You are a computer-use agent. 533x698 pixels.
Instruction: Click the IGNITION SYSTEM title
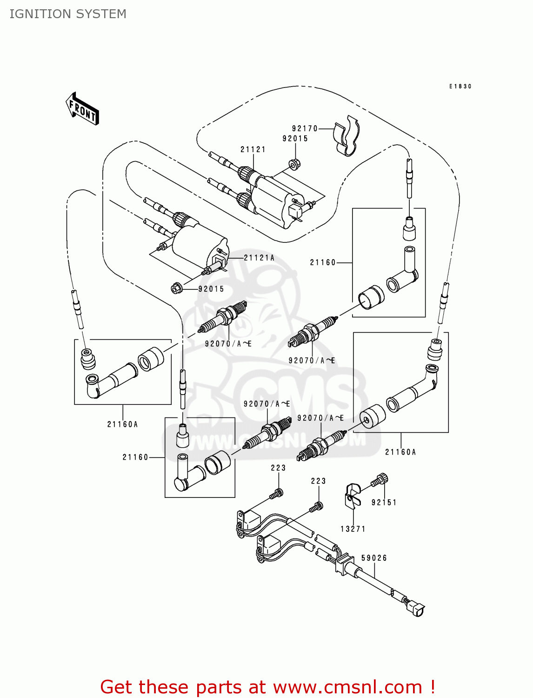click(68, 14)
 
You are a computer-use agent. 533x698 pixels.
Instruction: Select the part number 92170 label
click(305, 128)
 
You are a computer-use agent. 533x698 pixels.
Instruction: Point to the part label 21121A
click(259, 258)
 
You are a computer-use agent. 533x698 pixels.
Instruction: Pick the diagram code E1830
click(460, 87)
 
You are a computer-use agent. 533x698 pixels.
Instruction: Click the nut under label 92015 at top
click(294, 164)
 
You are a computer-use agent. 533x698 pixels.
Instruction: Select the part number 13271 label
click(353, 529)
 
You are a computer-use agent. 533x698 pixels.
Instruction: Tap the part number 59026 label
click(374, 558)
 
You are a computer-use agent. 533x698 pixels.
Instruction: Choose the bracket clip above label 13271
click(352, 495)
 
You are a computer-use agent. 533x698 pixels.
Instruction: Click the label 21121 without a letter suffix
click(253, 149)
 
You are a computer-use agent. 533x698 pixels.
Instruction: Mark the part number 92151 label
click(384, 503)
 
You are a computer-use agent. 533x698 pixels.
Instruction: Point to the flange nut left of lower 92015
click(176, 288)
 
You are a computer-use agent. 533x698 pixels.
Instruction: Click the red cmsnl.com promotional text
click(267, 687)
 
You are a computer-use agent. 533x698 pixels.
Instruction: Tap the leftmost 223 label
click(278, 468)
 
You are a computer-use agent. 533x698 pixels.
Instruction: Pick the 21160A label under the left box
click(122, 424)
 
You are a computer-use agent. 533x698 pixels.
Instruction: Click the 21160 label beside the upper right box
click(323, 262)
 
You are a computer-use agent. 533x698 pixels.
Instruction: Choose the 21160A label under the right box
click(400, 452)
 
